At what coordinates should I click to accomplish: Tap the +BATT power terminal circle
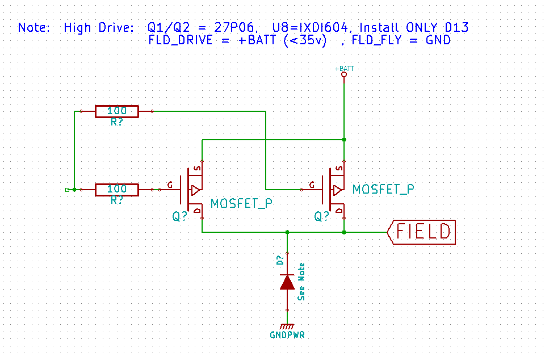click(x=344, y=74)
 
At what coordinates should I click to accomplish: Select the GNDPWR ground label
click(x=287, y=335)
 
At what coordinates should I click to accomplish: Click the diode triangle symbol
click(x=287, y=282)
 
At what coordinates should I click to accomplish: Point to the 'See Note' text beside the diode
click(x=301, y=282)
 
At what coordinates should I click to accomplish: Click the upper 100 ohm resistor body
click(x=117, y=111)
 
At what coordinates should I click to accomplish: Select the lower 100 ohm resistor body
click(x=117, y=190)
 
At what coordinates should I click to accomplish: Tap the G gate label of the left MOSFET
click(x=170, y=185)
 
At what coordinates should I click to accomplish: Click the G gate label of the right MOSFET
click(x=312, y=185)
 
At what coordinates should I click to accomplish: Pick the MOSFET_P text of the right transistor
click(x=383, y=190)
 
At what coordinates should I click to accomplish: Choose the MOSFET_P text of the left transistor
click(x=242, y=204)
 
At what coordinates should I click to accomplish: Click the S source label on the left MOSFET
click(x=198, y=169)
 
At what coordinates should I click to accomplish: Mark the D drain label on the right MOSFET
click(x=339, y=211)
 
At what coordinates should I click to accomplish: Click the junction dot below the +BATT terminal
click(x=344, y=140)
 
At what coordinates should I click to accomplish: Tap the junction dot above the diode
click(x=287, y=232)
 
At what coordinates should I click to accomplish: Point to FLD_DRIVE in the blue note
click(x=181, y=40)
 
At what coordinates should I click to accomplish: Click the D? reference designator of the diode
click(x=280, y=260)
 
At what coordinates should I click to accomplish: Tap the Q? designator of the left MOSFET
click(x=180, y=217)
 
